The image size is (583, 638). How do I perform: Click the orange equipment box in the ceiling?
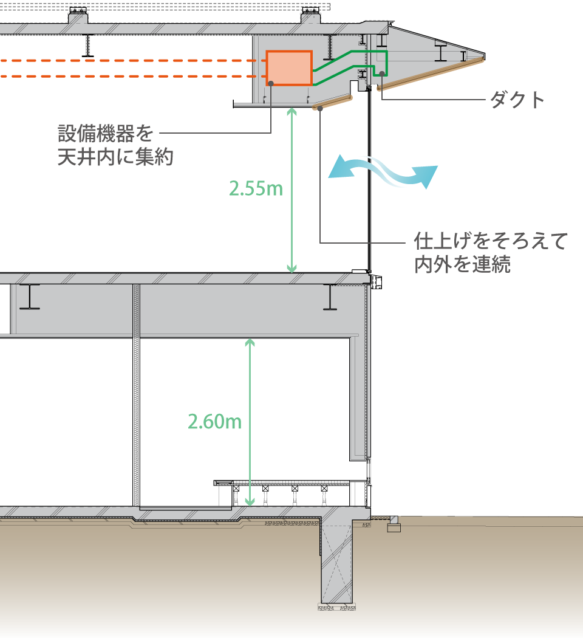coord(289,68)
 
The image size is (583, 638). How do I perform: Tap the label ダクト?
coord(517,101)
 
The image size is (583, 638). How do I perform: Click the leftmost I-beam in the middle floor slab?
coord(29,297)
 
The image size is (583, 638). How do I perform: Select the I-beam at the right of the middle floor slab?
coord(330,297)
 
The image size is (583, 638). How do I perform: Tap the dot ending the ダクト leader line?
coord(382,74)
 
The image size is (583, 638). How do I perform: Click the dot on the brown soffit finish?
coord(319,108)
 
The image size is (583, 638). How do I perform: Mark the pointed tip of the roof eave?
coord(483,55)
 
